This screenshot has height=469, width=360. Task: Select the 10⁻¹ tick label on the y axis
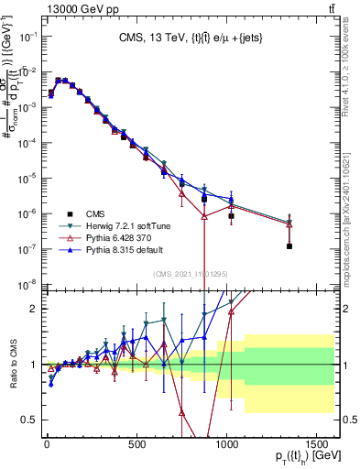[x=26, y=37]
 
